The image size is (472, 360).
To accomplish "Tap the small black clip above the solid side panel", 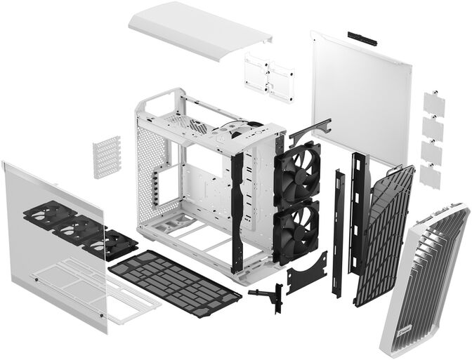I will point(362,38).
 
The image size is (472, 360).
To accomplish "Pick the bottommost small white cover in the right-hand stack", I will point(430,176).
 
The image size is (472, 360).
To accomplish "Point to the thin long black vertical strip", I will point(339,232).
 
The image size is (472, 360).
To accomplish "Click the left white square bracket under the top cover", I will point(257,73).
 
